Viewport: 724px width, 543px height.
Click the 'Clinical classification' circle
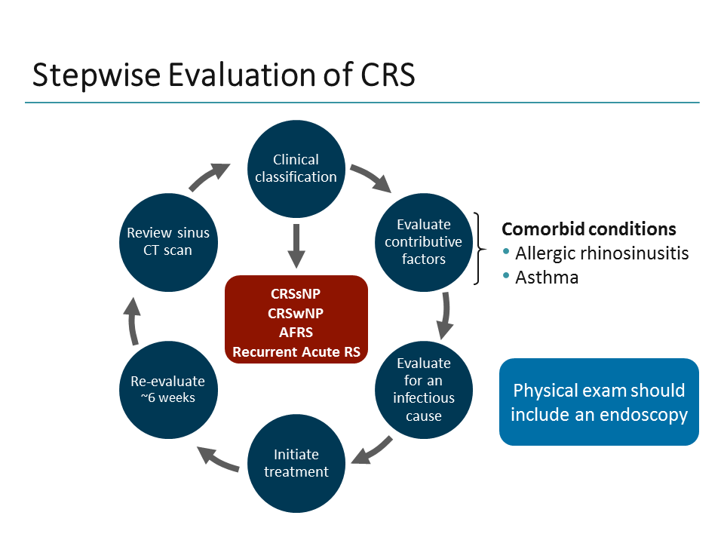point(296,168)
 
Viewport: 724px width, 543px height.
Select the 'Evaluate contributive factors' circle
point(423,241)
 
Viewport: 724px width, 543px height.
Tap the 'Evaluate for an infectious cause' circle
point(423,389)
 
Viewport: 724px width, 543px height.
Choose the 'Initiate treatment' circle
point(296,463)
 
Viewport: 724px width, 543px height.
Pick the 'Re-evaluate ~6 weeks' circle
point(167,389)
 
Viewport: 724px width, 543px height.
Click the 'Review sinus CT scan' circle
point(167,241)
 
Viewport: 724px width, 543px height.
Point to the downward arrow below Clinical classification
point(296,245)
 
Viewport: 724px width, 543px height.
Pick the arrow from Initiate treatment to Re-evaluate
point(218,457)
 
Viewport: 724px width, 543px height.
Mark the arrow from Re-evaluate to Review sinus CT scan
point(133,321)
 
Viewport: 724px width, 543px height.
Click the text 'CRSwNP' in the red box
point(297,312)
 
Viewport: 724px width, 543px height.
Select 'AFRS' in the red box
point(297,332)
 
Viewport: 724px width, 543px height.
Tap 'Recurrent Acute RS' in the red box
point(297,351)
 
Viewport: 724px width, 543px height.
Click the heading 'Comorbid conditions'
point(589,229)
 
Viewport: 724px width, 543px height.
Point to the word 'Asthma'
point(547,277)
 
